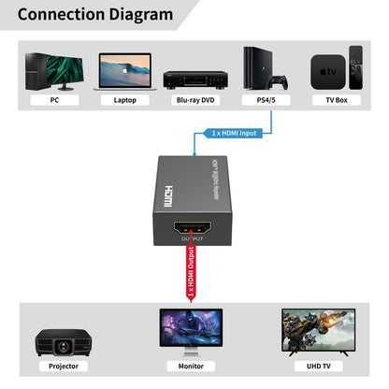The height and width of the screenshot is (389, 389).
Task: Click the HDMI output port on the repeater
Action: pos(190,228)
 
